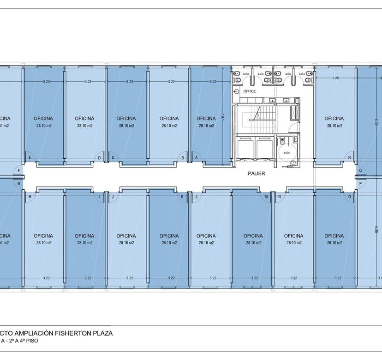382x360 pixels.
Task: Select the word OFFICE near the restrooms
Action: click(250, 91)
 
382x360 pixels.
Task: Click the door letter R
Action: click(350, 157)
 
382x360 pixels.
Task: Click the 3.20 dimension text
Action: click(336, 78)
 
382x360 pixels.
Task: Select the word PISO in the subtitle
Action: click(32, 341)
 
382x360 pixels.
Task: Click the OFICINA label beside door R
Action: click(334, 119)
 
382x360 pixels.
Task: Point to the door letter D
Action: click(99, 157)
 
